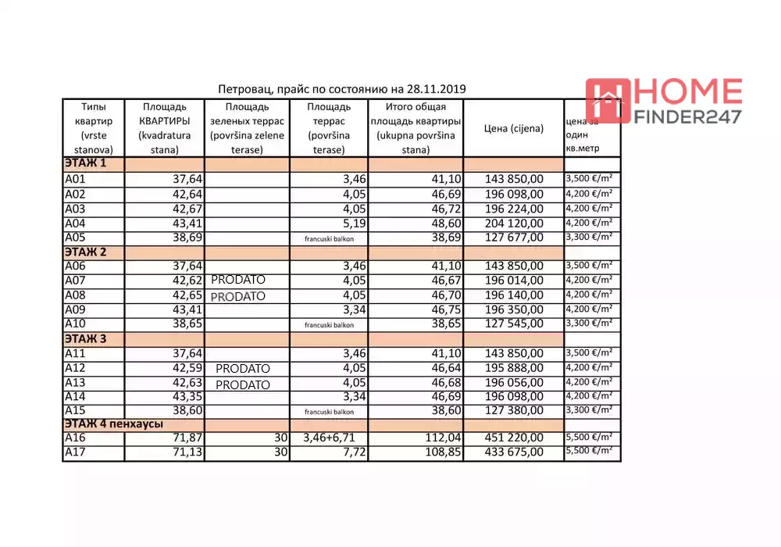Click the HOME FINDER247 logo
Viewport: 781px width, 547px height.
click(664, 102)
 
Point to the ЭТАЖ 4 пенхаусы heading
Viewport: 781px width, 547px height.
click(114, 424)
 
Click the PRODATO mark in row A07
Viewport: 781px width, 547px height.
click(238, 280)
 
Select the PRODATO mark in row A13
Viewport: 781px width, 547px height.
click(243, 384)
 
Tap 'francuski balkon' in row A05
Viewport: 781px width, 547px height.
click(329, 238)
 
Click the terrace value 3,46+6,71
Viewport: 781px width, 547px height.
click(329, 438)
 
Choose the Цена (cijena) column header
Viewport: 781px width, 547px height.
click(513, 129)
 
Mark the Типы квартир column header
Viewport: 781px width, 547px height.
click(94, 128)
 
